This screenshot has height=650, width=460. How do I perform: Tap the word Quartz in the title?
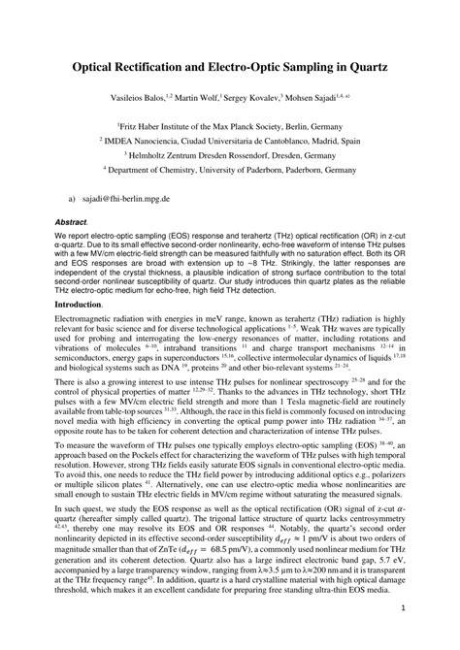coord(361,70)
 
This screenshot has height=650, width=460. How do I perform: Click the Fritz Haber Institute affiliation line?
coord(231,125)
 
